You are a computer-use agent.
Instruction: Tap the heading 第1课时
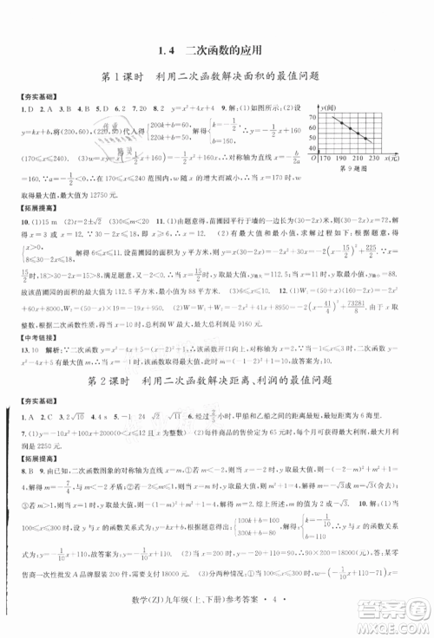tap(123, 77)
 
